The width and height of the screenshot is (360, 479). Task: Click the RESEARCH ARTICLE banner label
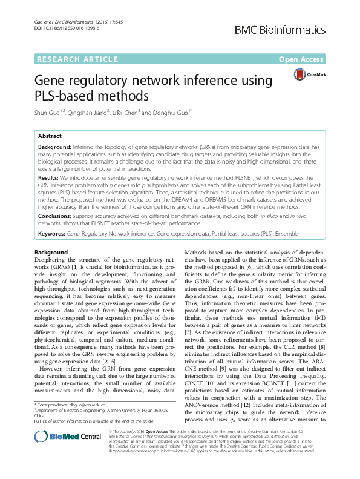click(x=77, y=59)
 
